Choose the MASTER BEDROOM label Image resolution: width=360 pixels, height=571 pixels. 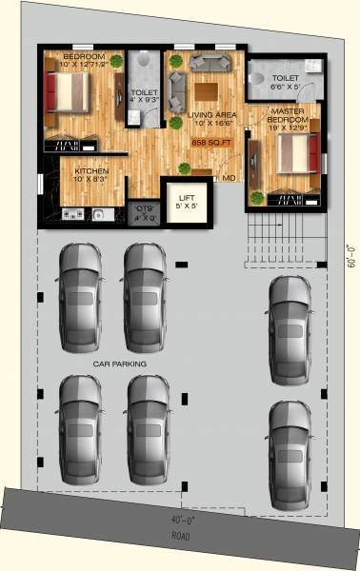coord(288,117)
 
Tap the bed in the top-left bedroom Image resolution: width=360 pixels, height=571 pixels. coord(68,92)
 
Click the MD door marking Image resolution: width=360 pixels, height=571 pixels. coord(230,178)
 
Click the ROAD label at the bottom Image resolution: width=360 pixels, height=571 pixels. coord(181,535)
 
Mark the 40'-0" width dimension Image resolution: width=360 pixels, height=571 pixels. coord(181,522)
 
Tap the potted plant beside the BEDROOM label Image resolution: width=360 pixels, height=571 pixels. coord(116,62)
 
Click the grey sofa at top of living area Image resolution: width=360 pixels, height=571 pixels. coord(209,63)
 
